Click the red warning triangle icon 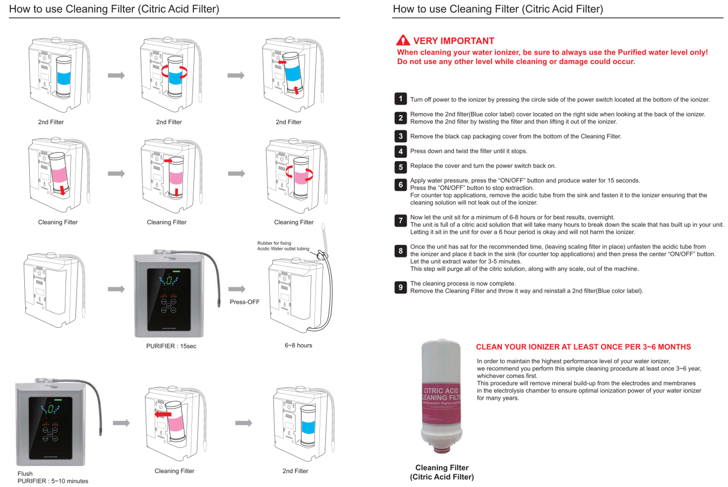pyautogui.click(x=403, y=40)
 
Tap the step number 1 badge pyautogui.click(x=400, y=99)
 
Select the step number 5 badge pyautogui.click(x=400, y=167)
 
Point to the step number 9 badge pyautogui.click(x=400, y=287)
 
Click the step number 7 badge pyautogui.click(x=400, y=221)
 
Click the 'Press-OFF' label pyautogui.click(x=245, y=302)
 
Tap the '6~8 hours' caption pyautogui.click(x=298, y=345)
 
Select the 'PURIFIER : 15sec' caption pyautogui.click(x=171, y=346)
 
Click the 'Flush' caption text pyautogui.click(x=25, y=474)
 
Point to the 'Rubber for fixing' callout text pyautogui.click(x=274, y=243)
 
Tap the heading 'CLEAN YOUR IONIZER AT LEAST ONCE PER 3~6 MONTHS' pyautogui.click(x=583, y=347)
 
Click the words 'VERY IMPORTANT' pyautogui.click(x=453, y=41)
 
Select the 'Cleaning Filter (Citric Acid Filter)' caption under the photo pyautogui.click(x=441, y=472)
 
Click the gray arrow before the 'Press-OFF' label pyautogui.click(x=237, y=289)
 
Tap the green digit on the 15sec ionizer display pyautogui.click(x=169, y=280)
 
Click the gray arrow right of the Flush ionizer pyautogui.click(x=121, y=423)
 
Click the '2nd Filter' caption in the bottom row pyautogui.click(x=295, y=471)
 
